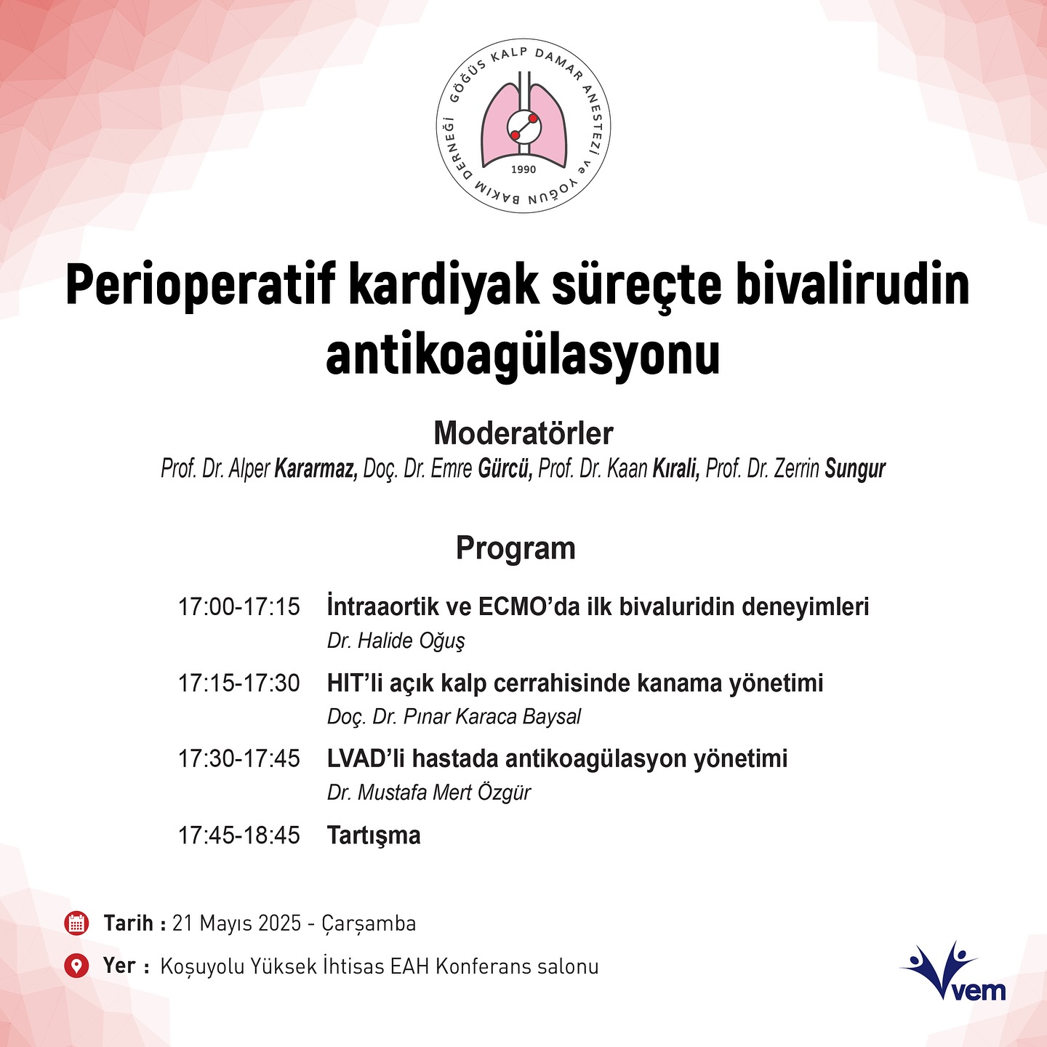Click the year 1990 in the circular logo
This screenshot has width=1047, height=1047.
tap(523, 169)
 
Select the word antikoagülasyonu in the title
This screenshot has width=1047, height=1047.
tap(523, 356)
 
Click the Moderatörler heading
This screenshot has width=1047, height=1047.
tap(523, 433)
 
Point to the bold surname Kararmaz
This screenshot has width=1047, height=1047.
tap(316, 469)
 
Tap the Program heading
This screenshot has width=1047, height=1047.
tap(516, 547)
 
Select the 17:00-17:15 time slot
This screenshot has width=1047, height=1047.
tap(239, 607)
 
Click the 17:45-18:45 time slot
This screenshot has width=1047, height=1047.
tap(239, 835)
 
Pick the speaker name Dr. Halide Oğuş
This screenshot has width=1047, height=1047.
tap(396, 641)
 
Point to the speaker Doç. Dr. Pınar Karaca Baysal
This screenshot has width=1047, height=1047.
tap(454, 717)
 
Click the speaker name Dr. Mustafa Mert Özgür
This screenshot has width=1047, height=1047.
tap(429, 793)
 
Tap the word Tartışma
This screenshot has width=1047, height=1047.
tap(374, 835)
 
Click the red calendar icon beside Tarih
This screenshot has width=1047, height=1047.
tap(76, 923)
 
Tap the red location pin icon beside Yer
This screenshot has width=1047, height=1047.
tap(76, 966)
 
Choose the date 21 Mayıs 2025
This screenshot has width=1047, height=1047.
tap(237, 923)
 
